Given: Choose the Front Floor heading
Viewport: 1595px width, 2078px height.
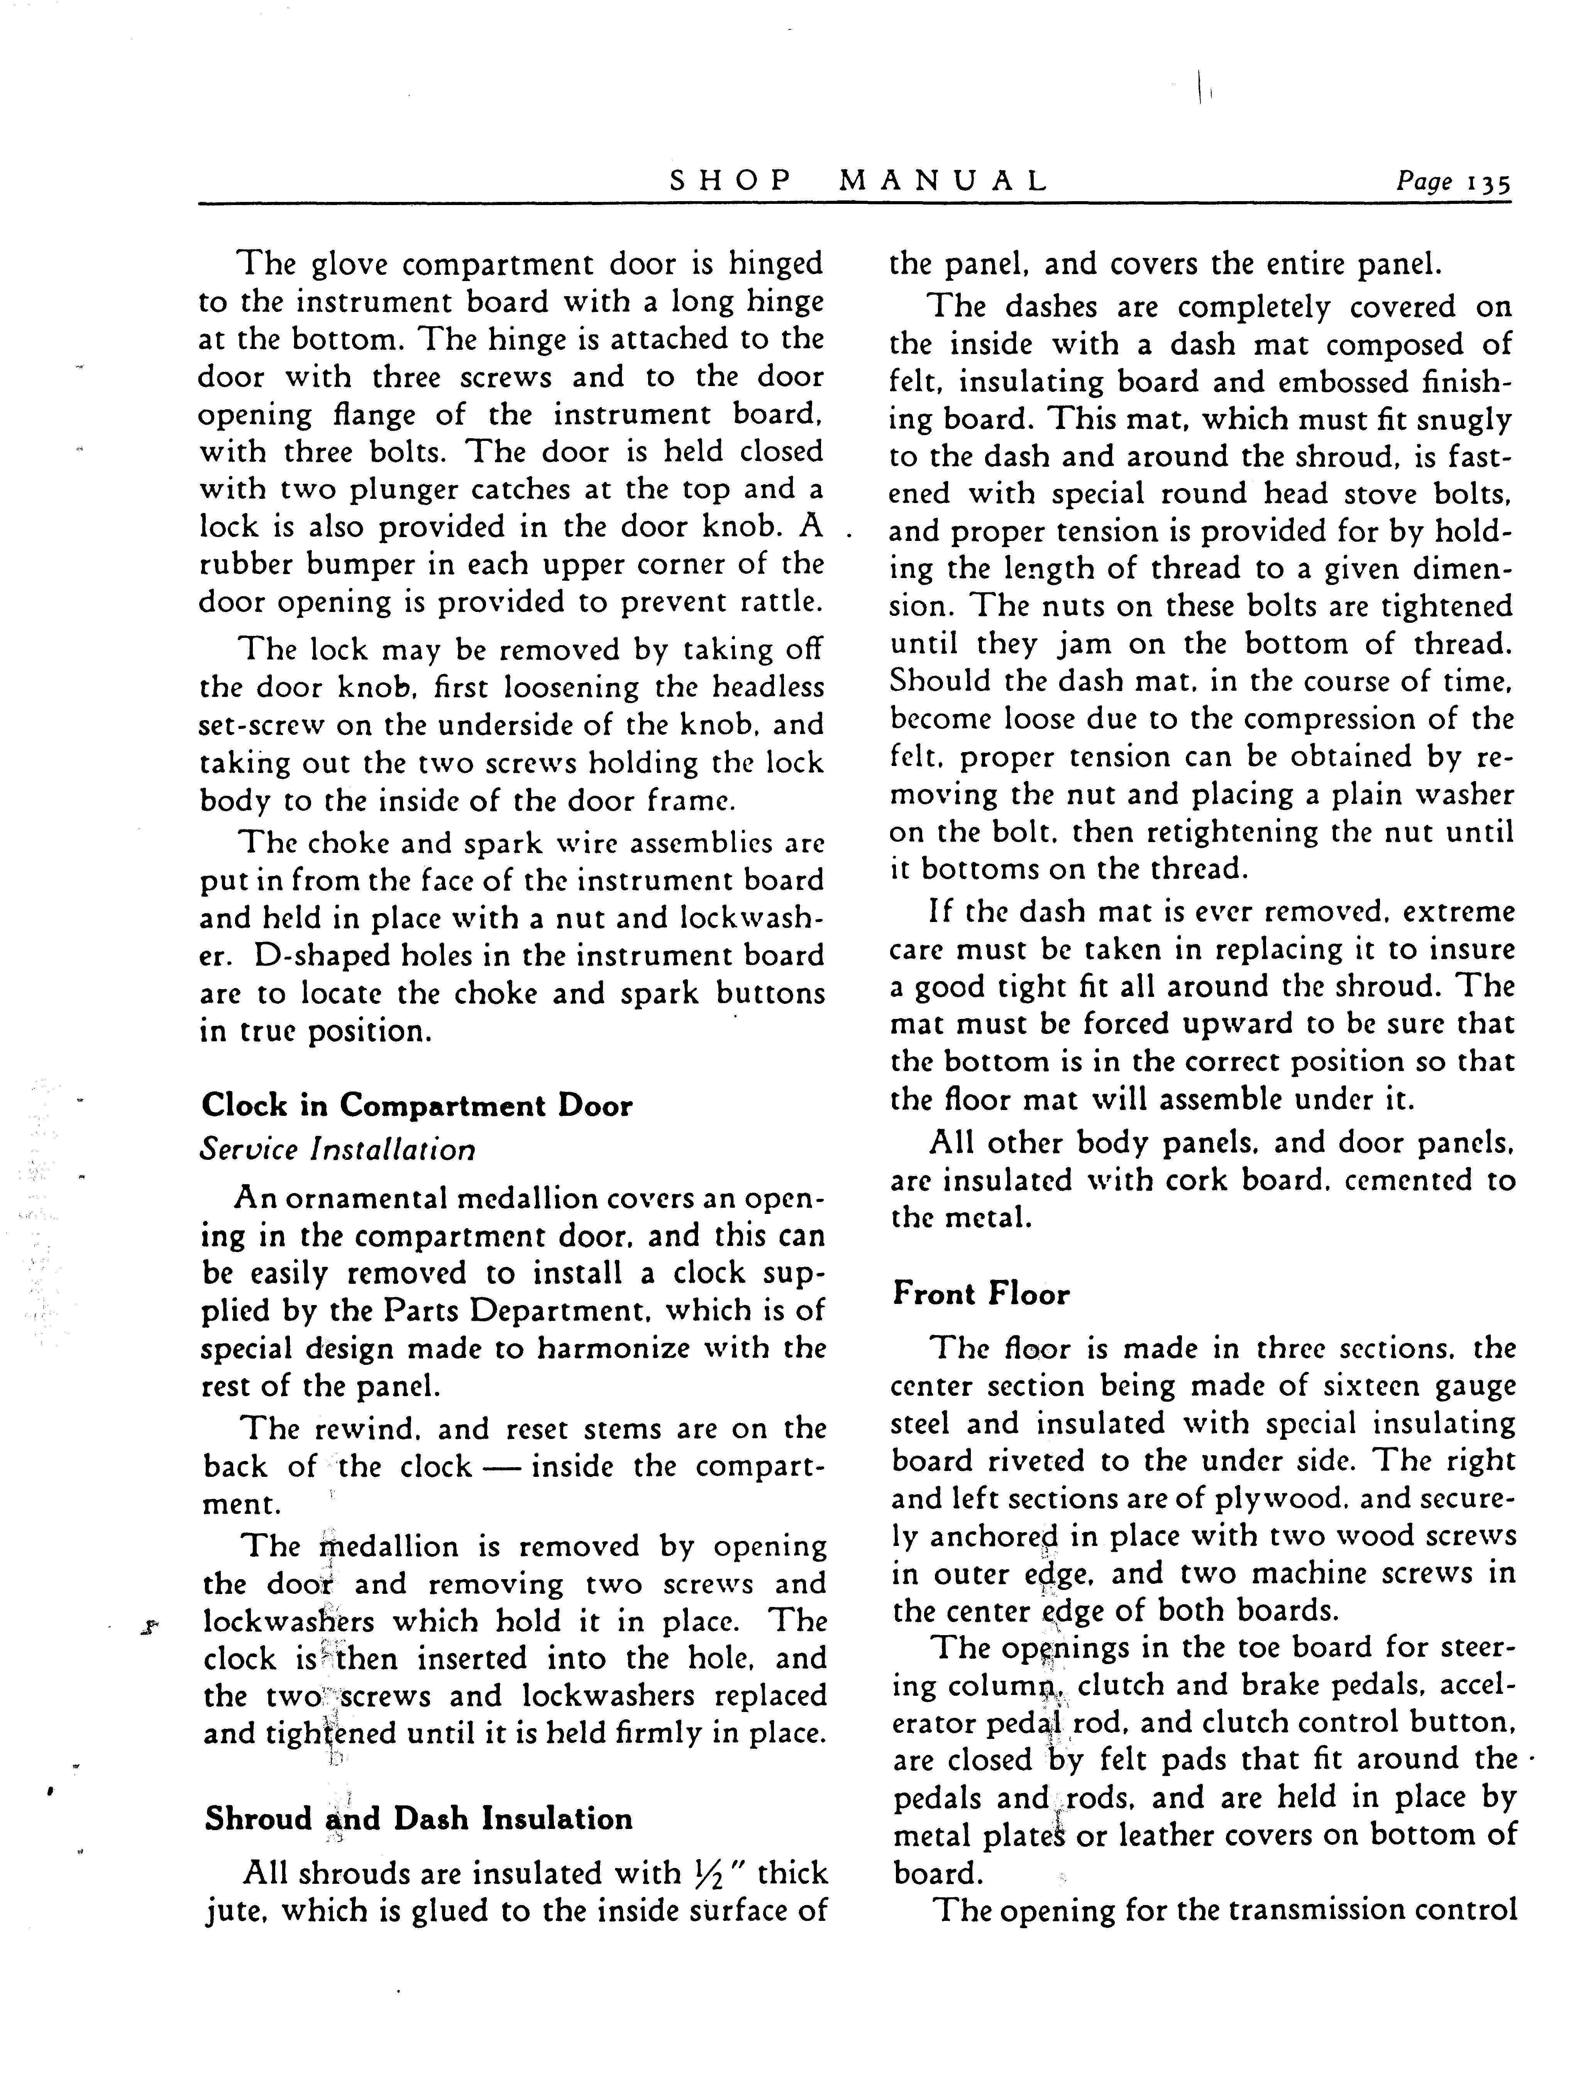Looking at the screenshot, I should pyautogui.click(x=981, y=1293).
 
